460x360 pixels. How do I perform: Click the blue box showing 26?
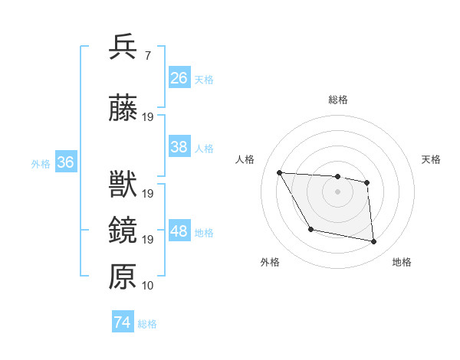tap(179, 78)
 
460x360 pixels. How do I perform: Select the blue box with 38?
tap(179, 147)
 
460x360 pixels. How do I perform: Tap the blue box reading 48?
tap(179, 231)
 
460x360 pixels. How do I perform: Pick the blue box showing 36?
tap(65, 162)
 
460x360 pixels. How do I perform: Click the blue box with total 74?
tap(123, 322)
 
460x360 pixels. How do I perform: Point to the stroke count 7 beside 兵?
tap(146, 56)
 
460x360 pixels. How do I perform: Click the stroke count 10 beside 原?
tap(148, 286)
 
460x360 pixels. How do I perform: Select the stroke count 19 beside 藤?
tap(148, 117)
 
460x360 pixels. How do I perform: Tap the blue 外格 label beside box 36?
tap(41, 163)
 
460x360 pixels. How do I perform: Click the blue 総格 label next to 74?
tap(147, 324)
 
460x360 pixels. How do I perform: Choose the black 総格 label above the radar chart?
tap(337, 100)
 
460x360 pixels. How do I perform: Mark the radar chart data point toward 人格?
tap(279, 173)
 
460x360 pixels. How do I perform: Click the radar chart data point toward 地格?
tap(374, 242)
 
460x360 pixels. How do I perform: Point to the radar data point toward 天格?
tap(367, 182)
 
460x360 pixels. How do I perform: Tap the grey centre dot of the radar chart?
tap(337, 191)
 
